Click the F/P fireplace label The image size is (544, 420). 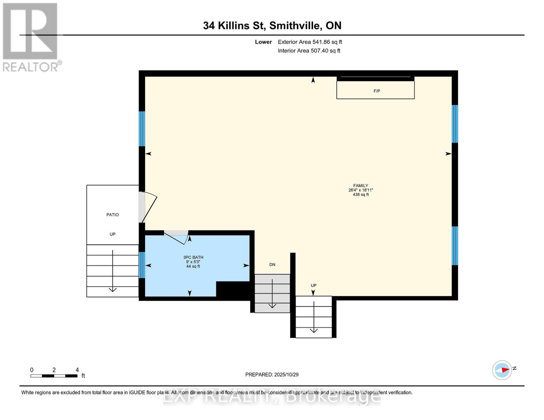click(x=377, y=91)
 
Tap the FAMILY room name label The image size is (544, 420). click(x=360, y=186)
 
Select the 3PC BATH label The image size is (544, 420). click(x=193, y=257)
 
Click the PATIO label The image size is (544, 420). click(x=112, y=215)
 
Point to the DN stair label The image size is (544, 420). click(x=272, y=265)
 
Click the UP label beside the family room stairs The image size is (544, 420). click(x=314, y=285)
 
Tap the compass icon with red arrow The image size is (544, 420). click(x=502, y=370)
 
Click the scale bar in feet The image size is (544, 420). click(x=54, y=376)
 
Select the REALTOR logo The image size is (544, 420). click(x=30, y=37)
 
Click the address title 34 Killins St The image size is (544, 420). click(x=272, y=26)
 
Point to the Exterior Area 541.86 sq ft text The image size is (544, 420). click(x=310, y=42)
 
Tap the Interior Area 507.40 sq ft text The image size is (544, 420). click(x=309, y=51)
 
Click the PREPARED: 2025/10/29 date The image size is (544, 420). click(x=272, y=374)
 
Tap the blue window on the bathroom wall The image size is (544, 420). click(x=142, y=265)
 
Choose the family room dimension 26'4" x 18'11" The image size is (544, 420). click(x=360, y=190)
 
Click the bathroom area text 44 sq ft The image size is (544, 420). click(x=193, y=266)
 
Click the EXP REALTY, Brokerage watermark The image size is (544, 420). click(x=272, y=397)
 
